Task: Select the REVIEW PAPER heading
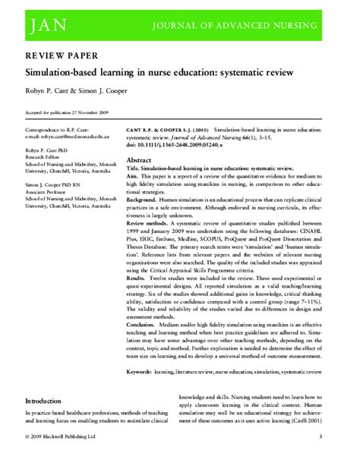click(x=57, y=57)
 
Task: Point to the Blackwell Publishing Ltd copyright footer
click(x=61, y=458)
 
